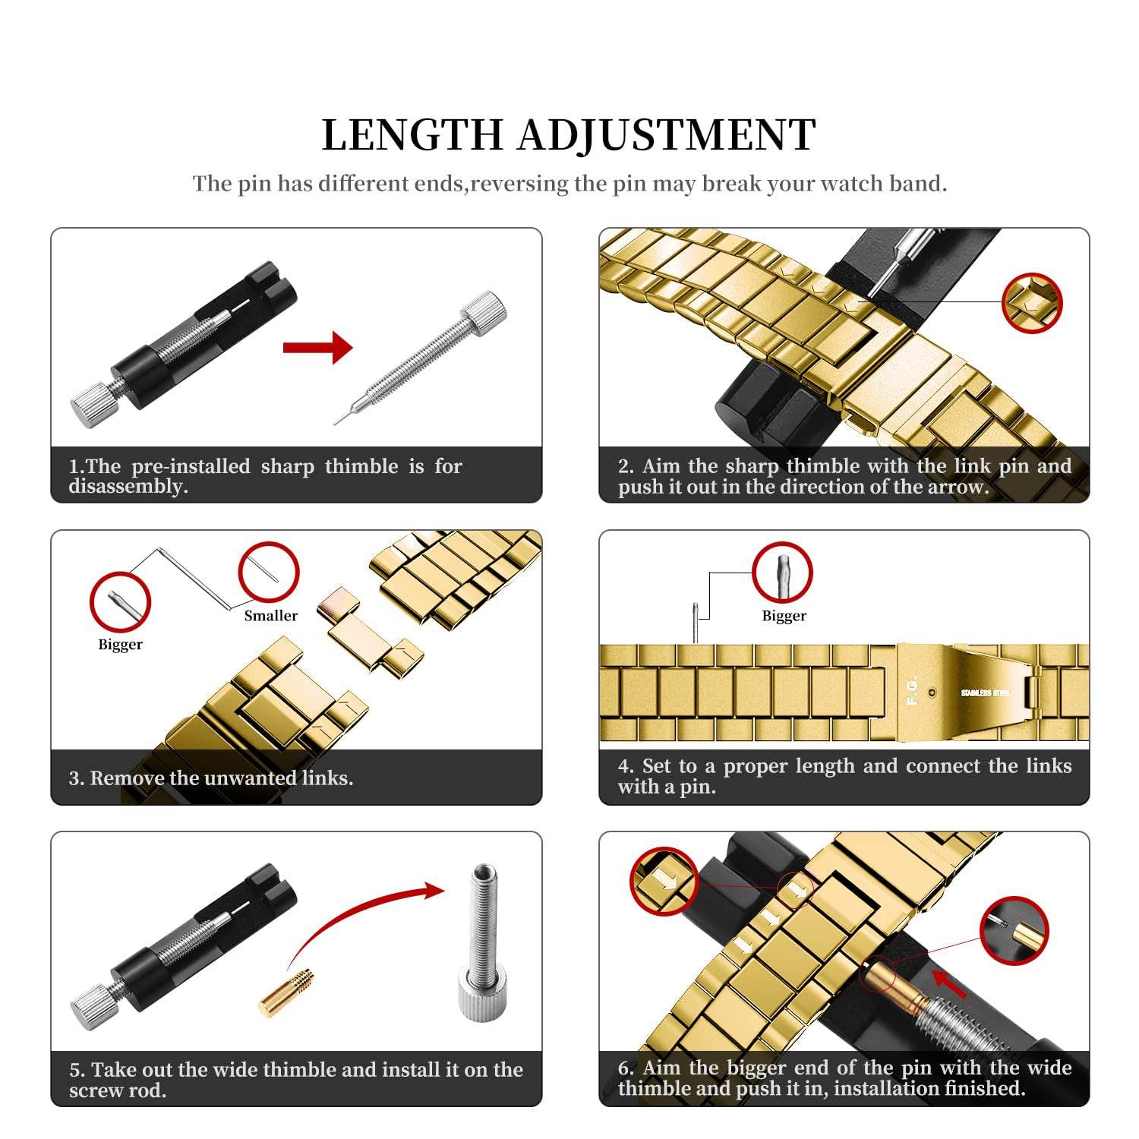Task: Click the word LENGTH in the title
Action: (413, 136)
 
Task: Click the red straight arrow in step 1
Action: (317, 349)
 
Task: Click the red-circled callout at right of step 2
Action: (1031, 303)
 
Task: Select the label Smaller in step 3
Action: (270, 616)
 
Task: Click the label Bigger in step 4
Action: (784, 616)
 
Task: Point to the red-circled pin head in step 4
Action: (783, 573)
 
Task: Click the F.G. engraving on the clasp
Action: (913, 689)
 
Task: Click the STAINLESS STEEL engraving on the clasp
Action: (985, 693)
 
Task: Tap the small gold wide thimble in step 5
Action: (286, 992)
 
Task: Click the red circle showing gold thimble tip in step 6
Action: (1014, 931)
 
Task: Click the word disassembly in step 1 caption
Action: (128, 487)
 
